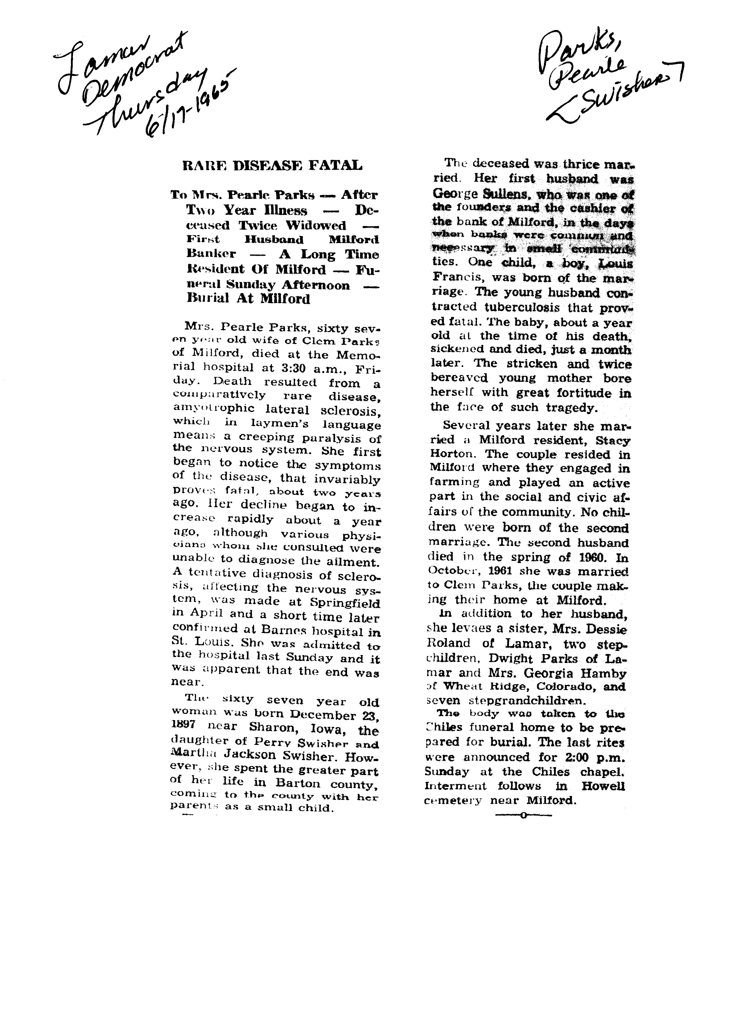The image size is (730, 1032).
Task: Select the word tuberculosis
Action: pyautogui.click(x=523, y=308)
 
